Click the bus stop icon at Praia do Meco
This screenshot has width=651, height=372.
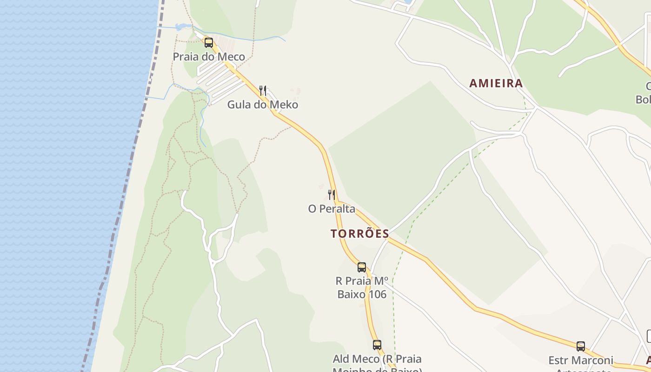(209, 43)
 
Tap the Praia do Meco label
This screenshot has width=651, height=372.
(209, 57)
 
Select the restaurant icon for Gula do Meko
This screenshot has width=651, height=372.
(263, 90)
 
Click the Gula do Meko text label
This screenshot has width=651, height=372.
(263, 105)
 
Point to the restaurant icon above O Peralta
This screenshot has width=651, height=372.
(332, 194)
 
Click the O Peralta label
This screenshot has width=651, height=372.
(332, 209)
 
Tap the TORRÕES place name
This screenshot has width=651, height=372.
(360, 233)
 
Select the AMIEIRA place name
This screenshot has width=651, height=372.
(496, 83)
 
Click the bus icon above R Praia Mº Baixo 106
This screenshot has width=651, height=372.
(362, 267)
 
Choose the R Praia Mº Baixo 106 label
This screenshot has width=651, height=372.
(361, 287)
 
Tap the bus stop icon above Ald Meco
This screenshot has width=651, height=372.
(377, 345)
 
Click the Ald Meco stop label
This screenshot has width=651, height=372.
(377, 359)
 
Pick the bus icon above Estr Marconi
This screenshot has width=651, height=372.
(581, 346)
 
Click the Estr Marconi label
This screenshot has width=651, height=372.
(581, 360)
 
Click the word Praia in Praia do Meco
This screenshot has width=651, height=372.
(185, 57)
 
